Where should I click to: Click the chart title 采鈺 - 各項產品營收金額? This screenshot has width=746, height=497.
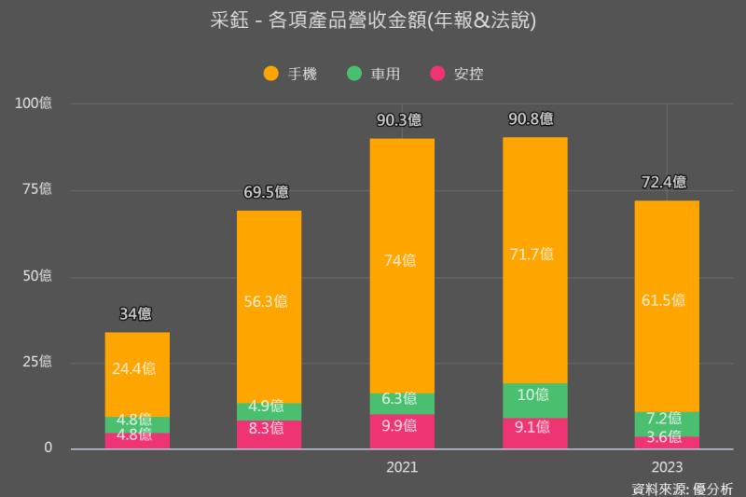click(373, 21)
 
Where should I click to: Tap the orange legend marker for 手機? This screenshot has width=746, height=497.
click(271, 73)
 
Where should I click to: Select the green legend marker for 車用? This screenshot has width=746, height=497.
click(353, 73)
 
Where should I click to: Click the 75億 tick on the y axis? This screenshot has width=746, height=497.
click(38, 189)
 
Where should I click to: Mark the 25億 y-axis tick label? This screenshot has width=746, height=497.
click(38, 362)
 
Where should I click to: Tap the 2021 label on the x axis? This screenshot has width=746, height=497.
click(402, 466)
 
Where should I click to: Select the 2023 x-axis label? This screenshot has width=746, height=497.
click(667, 466)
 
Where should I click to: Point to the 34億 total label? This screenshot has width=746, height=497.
click(136, 314)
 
